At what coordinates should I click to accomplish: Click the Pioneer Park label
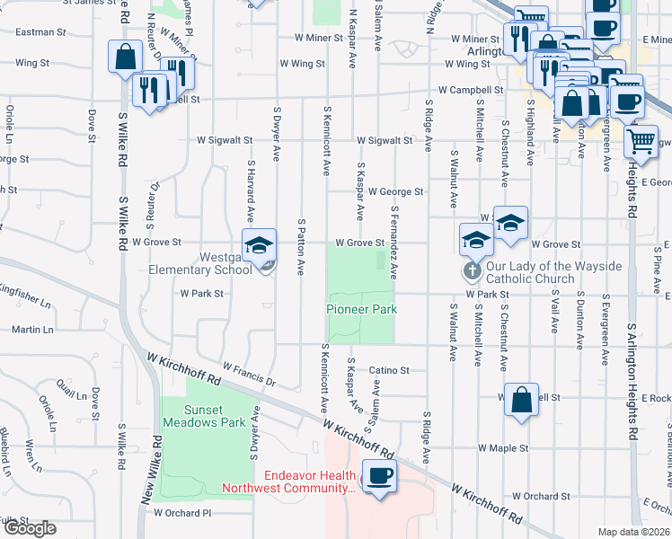(361, 309)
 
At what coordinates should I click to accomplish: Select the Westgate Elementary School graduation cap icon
(258, 246)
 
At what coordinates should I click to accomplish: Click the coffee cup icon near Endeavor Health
(378, 476)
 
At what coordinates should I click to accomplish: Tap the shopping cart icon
(641, 139)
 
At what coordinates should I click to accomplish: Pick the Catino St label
(389, 370)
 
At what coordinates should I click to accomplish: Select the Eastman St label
(41, 31)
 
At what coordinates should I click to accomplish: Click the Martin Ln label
(32, 330)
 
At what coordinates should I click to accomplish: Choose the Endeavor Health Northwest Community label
(310, 482)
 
